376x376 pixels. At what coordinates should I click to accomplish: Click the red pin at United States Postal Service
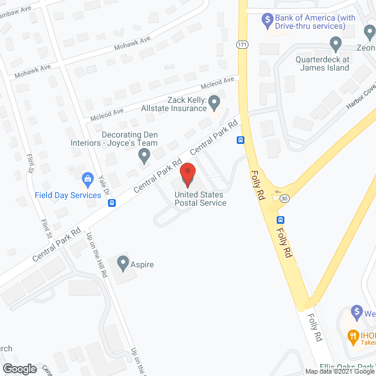(x=188, y=174)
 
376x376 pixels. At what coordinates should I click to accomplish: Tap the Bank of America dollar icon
(x=267, y=19)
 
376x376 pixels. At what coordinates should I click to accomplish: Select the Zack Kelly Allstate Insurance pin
(x=214, y=104)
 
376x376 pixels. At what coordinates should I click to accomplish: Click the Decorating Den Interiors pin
(x=143, y=156)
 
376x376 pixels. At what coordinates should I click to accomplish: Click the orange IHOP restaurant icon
(x=353, y=336)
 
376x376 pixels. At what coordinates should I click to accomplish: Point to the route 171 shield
(x=241, y=45)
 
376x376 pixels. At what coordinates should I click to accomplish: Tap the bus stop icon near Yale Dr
(x=112, y=203)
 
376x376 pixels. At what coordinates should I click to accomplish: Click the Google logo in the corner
(x=19, y=368)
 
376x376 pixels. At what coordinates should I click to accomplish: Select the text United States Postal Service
(x=200, y=199)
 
